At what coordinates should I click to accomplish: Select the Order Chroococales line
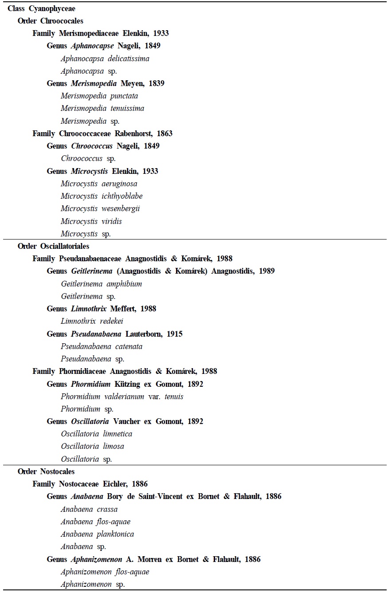51,21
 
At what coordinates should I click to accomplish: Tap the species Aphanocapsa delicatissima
105,59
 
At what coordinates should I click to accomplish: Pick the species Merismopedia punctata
99,96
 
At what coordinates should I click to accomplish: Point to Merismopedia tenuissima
102,108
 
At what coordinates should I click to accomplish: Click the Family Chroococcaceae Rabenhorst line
102,134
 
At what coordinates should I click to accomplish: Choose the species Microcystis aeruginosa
99,184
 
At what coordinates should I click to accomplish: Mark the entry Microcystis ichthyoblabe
102,196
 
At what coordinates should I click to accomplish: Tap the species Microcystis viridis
91,221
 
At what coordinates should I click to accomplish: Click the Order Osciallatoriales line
54,246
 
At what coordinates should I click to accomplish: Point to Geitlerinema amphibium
102,284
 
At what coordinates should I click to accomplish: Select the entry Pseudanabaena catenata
102,346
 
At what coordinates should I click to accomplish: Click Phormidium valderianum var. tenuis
122,397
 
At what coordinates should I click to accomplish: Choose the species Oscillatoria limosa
93,446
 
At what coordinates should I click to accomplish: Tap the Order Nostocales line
46,471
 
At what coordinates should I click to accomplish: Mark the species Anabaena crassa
89,509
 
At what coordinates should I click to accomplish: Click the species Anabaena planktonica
98,534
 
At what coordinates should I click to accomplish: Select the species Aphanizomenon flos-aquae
105,572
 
